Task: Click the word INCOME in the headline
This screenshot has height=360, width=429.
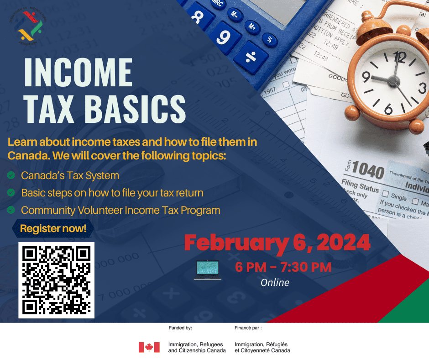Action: coord(78,73)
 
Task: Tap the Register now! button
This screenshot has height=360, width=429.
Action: coord(53,228)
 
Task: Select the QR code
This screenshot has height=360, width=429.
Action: coord(56,280)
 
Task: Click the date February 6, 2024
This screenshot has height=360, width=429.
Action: coord(277,243)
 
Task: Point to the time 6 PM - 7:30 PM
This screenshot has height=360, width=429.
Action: coord(283,267)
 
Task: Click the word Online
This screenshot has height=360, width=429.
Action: coord(275,283)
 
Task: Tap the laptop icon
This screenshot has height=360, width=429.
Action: coord(208,270)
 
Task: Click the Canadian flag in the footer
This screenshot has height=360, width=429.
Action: coord(149,347)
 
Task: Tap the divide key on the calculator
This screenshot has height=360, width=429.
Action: coord(251,57)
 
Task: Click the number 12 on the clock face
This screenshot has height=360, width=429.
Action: coord(399,57)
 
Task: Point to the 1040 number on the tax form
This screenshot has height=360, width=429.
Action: coord(367,171)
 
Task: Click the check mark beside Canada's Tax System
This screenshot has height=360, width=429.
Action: coord(11,175)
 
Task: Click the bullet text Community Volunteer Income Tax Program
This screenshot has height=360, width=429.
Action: coord(120,211)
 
